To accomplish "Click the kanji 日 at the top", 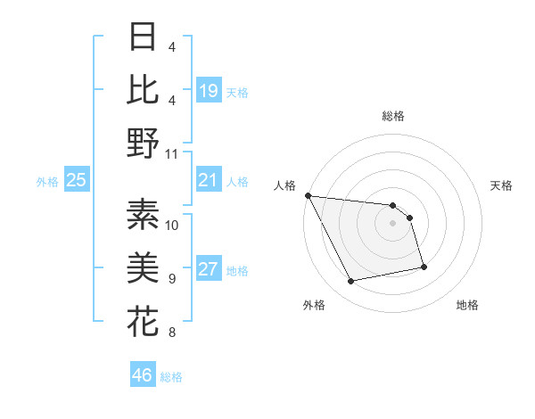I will click(x=143, y=37).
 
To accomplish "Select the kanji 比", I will click(x=143, y=89).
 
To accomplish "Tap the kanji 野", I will click(x=143, y=143).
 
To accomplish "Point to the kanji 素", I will click(x=143, y=214).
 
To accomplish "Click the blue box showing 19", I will click(x=208, y=91).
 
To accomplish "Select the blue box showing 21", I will click(x=208, y=181).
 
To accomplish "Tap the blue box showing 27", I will click(x=208, y=270).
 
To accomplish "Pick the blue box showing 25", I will click(x=77, y=181).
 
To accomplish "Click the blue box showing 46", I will click(x=142, y=375).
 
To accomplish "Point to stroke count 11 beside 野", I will click(x=173, y=153).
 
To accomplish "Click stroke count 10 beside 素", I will click(x=172, y=225).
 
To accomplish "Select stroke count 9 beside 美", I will click(x=171, y=279).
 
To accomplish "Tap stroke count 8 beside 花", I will click(x=171, y=333).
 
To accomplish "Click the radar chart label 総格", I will click(x=392, y=117).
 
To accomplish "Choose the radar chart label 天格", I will click(x=501, y=185).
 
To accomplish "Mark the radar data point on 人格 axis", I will click(x=308, y=195).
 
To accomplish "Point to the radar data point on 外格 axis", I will click(x=351, y=282).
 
